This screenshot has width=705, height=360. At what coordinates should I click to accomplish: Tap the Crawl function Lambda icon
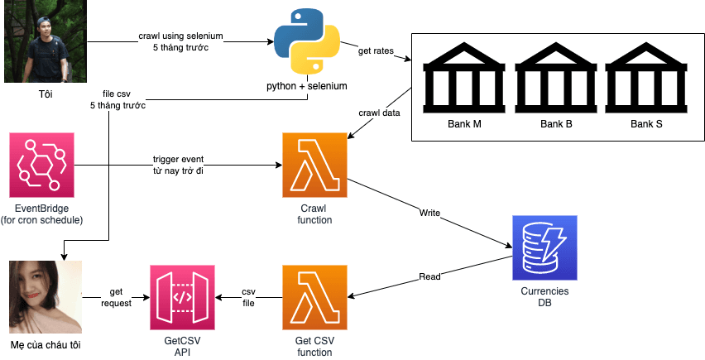(314, 164)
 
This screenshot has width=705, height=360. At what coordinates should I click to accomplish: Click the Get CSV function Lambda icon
(314, 297)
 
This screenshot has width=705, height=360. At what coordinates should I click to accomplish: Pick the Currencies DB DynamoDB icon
(544, 247)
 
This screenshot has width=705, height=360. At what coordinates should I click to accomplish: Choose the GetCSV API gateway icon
(182, 297)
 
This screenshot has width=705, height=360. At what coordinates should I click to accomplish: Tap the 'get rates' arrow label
(375, 51)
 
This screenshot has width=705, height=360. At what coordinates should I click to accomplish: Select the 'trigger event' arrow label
(178, 158)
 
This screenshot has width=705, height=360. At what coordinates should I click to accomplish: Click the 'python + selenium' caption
(306, 86)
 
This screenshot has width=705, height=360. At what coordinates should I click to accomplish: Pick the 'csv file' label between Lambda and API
(248, 297)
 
